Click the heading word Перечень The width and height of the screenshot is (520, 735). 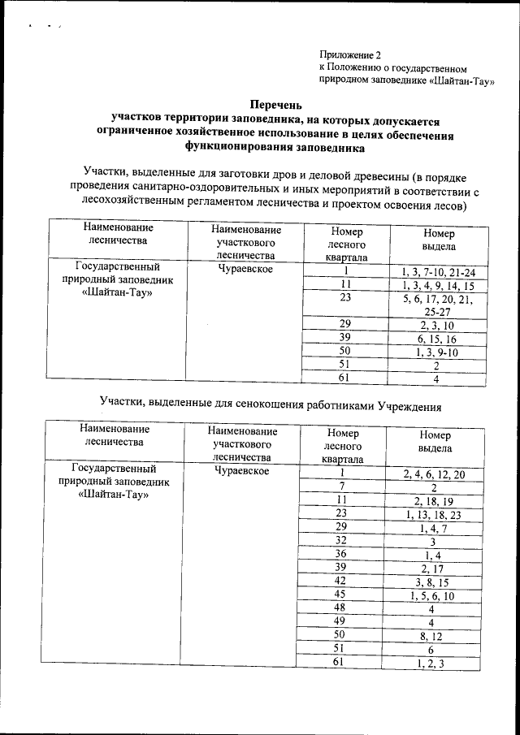275,105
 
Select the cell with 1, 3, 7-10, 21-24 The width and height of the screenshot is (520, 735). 438,272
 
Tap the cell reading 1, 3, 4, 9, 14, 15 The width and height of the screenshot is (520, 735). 438,286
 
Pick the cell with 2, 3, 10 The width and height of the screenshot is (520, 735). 438,325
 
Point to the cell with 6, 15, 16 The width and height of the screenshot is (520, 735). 438,339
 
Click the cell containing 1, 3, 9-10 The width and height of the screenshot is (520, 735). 438,352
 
